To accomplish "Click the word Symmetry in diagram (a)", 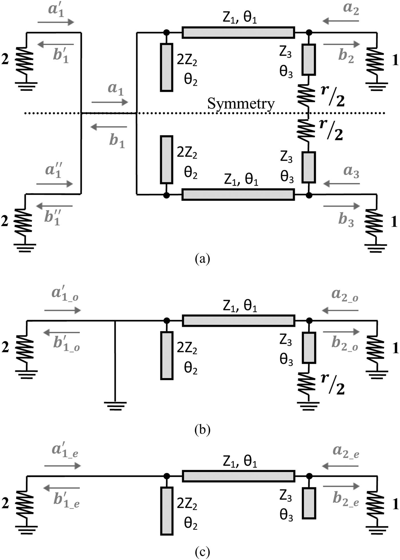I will click(241, 103).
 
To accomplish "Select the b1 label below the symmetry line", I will click(117, 141).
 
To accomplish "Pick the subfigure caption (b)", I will click(202, 429).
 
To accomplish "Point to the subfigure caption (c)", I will click(202, 552).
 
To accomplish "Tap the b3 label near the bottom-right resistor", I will click(346, 220).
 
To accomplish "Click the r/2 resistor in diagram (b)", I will click(308, 383).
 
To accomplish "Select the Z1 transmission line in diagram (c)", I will click(238, 476).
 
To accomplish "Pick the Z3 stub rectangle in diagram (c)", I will click(309, 503).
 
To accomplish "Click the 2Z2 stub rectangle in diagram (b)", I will click(167, 356).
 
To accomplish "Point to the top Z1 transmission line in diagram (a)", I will click(238, 33).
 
